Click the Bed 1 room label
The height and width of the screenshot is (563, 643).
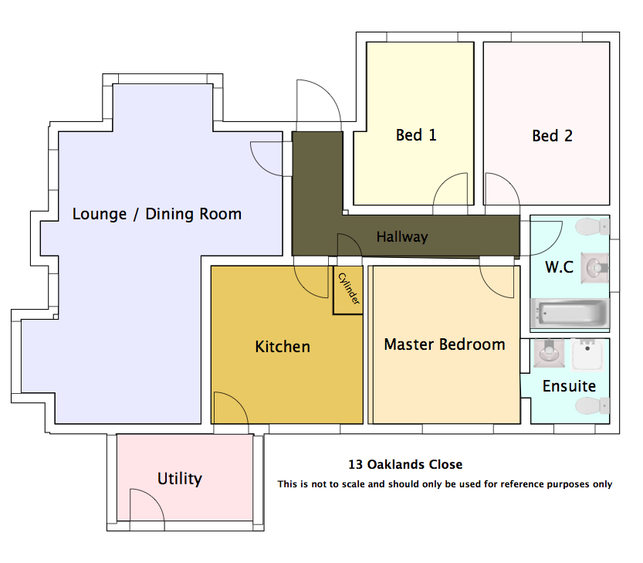point(416,135)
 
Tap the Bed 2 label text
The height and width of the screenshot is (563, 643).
point(552,136)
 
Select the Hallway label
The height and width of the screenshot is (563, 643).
point(402,237)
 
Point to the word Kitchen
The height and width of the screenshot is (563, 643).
point(283,347)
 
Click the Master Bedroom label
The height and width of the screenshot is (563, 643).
point(445,344)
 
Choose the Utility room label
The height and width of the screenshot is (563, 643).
point(180,479)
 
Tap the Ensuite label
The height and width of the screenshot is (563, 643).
point(569,386)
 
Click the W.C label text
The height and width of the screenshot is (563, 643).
point(559,267)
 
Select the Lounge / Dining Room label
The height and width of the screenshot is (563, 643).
point(157,214)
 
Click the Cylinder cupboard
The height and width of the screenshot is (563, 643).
point(348,290)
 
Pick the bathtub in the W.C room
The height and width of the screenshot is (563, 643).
point(570,313)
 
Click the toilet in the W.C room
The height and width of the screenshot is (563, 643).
point(593,226)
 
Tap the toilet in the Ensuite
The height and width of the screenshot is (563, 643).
point(593,406)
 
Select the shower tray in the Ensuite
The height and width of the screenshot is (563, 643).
point(587,354)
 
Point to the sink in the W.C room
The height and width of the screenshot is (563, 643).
point(594,268)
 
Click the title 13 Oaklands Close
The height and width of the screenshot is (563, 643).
point(405,464)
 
